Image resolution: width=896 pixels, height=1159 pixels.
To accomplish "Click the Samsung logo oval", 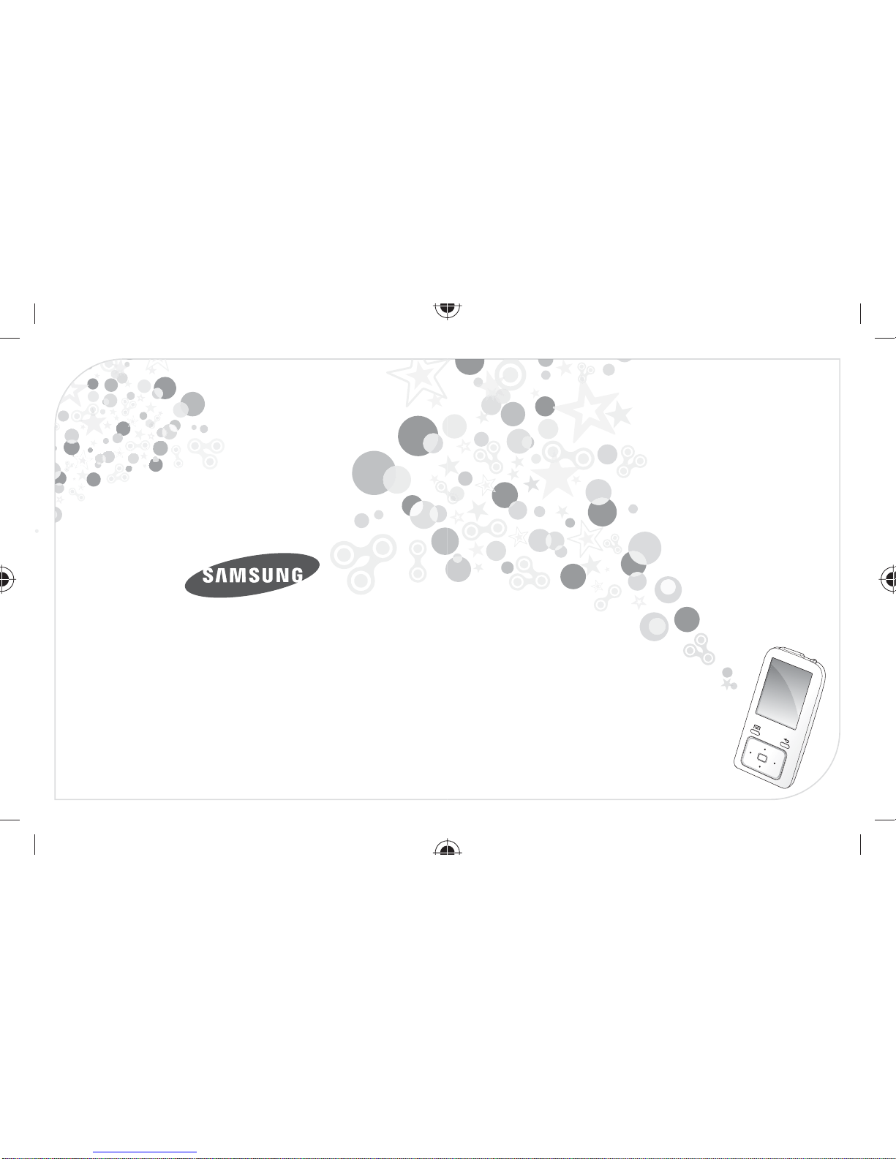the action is point(252,575).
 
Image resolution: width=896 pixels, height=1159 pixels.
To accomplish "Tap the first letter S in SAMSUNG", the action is point(208,576).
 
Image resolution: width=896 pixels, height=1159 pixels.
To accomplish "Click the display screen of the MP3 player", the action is point(784,693).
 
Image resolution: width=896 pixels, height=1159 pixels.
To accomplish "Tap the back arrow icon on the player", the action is point(786,740).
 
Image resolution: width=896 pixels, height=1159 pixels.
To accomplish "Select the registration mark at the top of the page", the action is point(448,309).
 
